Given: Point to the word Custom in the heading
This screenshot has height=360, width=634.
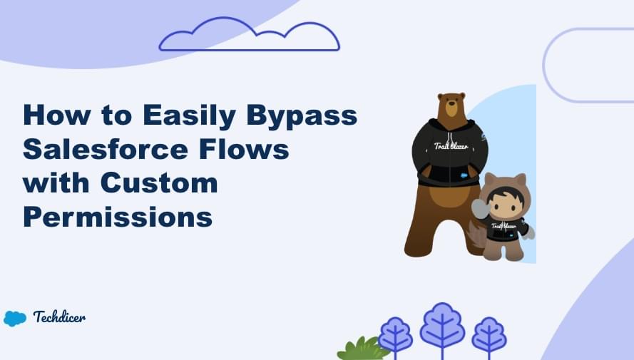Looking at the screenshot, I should point(158,182).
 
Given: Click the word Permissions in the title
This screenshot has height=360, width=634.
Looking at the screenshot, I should point(118,217).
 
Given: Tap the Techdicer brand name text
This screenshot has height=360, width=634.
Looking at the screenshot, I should point(59,317).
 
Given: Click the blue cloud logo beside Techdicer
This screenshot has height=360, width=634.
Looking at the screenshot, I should point(15,318).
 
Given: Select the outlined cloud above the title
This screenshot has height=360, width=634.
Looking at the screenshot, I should point(249,37).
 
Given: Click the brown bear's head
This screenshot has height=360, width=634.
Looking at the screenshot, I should point(451,107).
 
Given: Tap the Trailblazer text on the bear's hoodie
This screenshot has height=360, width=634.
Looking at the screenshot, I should point(451,147).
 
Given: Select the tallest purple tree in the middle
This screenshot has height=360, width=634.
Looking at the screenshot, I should point(442,328).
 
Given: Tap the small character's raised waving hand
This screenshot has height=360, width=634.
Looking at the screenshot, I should point(479,207).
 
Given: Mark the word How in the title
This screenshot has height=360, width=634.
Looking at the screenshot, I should point(55,115).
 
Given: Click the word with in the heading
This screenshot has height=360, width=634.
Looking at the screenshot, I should point(56,182).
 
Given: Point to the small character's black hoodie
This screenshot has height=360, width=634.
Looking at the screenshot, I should point(507,230).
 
